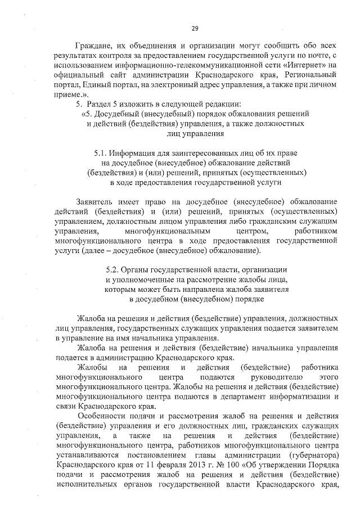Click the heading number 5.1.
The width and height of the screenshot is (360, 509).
(x=102, y=152)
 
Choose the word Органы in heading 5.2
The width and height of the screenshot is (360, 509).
(x=143, y=270)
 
